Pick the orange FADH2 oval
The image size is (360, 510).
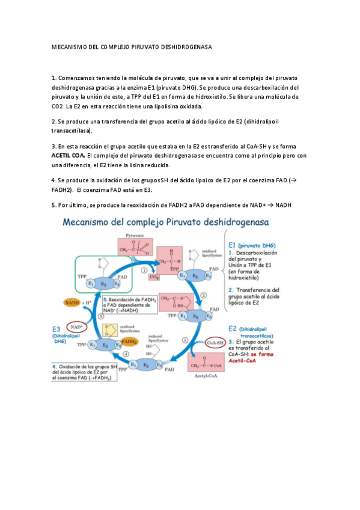click(129, 341)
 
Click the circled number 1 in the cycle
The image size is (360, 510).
click(144, 270)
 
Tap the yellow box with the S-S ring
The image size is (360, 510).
click(109, 330)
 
